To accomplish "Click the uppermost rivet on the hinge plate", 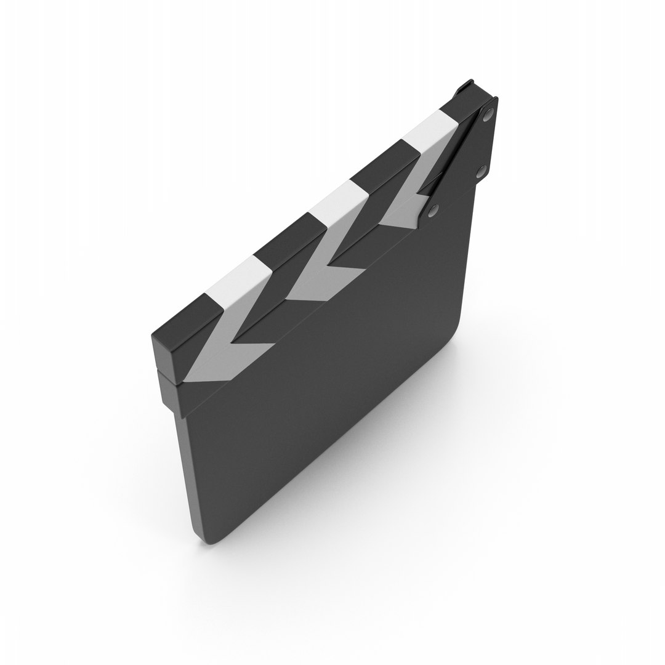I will tap(488, 114).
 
